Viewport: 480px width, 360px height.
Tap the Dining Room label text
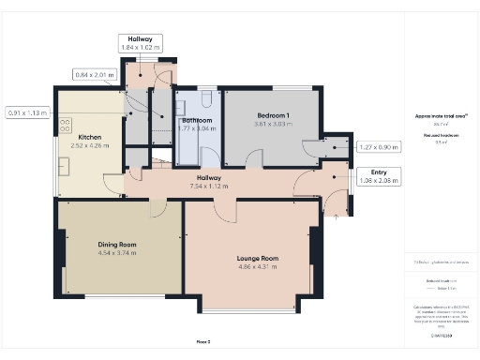tap(117, 244)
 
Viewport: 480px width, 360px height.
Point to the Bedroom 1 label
tap(275, 114)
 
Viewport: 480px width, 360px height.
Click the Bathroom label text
tap(196, 121)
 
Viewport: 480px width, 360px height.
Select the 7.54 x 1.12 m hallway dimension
tap(208, 186)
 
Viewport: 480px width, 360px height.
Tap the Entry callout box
tap(379, 175)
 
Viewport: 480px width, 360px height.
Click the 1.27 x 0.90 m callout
tap(379, 146)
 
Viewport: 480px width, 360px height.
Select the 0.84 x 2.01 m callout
tap(94, 74)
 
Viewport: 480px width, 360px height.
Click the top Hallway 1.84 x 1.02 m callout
tap(140, 43)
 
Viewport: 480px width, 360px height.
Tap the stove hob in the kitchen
tap(66, 124)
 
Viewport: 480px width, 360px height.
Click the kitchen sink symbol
tap(66, 166)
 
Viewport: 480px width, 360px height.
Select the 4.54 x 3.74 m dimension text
tap(117, 252)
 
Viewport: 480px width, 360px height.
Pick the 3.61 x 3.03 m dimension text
tap(275, 123)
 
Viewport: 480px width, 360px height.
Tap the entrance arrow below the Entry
tap(337, 215)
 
